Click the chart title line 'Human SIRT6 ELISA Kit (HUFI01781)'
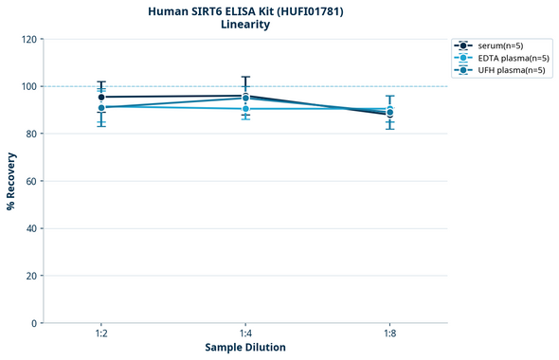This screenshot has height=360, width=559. pos(245,10)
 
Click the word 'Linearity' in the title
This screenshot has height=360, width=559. pos(245,25)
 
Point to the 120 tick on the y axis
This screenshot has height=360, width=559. pos(28,39)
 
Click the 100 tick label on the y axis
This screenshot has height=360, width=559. pos(28,86)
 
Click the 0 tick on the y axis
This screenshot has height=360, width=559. pos(34,323)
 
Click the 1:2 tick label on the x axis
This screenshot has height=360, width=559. pos(101,334)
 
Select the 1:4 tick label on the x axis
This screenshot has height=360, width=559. pos(245,334)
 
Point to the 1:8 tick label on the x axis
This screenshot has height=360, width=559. pos(389,334)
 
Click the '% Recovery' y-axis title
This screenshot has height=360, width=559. pos(11,181)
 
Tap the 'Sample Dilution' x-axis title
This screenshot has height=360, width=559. pos(245,348)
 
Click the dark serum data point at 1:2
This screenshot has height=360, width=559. pos(101,97)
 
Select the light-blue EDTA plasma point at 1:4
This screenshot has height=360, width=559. pos(245,109)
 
